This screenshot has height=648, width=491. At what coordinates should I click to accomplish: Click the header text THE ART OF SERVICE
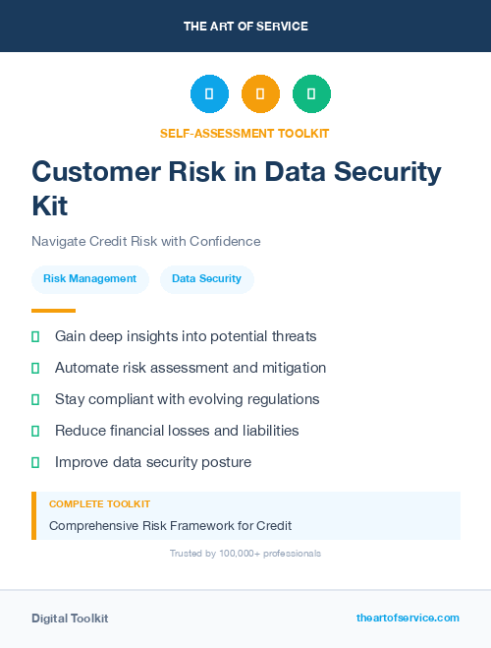point(245,26)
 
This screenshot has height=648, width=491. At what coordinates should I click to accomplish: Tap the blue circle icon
point(209,94)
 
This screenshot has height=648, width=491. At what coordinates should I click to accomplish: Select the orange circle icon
point(260,94)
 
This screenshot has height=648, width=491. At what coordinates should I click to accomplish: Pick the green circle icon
point(311,94)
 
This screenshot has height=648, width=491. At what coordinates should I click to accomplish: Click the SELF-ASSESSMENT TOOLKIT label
point(245,133)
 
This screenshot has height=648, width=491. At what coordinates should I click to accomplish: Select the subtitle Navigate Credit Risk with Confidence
point(145,241)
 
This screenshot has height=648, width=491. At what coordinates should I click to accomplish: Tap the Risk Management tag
point(89,278)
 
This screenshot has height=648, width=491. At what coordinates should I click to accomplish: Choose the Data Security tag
point(206,278)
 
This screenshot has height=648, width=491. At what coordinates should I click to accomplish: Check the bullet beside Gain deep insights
point(35,336)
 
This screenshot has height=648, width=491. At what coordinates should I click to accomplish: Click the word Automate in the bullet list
point(88,368)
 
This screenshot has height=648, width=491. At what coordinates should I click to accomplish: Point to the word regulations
point(282,399)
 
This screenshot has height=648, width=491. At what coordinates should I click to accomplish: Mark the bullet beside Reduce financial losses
point(35,431)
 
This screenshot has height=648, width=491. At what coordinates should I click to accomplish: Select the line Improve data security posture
point(153,462)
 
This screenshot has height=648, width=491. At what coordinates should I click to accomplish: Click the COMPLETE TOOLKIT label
point(99,503)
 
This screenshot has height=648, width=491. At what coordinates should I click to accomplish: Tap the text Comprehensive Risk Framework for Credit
point(170,525)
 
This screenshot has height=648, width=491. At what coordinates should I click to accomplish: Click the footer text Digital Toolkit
point(70,618)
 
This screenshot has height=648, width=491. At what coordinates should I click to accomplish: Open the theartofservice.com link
point(408,618)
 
